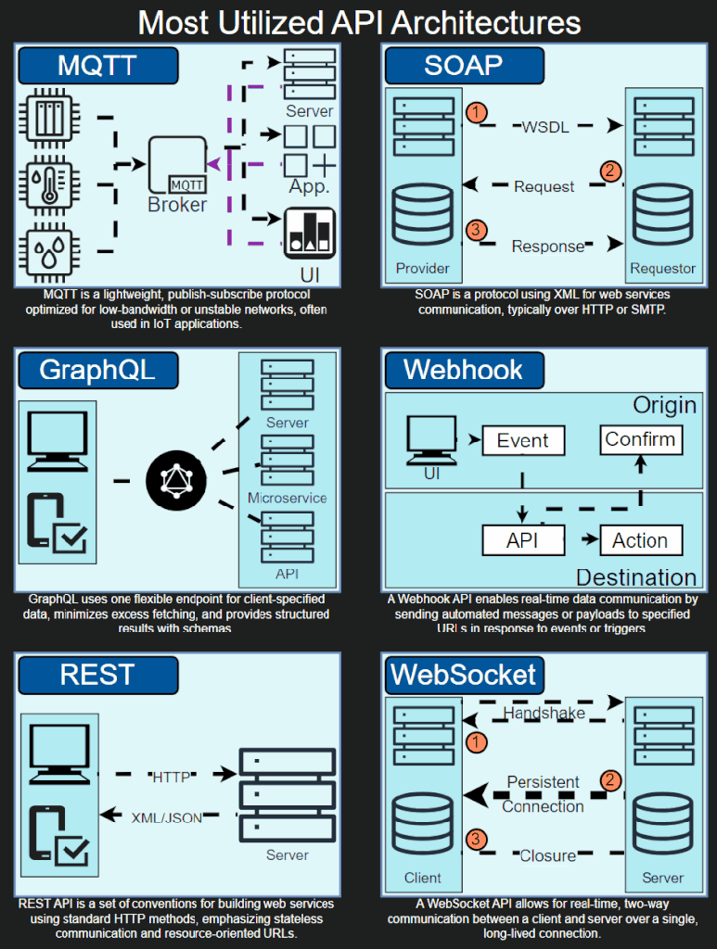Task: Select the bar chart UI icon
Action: (309, 233)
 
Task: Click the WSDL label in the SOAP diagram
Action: (545, 127)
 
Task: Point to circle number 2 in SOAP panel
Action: (610, 171)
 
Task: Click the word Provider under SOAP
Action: (423, 269)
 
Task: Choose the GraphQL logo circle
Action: (176, 480)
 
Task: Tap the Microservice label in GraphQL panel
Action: (287, 498)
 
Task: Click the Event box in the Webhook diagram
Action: (522, 441)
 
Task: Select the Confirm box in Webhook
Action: (640, 439)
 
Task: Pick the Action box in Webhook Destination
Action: (640, 540)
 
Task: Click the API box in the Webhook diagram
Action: (522, 540)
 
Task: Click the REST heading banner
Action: (97, 674)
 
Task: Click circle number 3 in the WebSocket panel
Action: (475, 840)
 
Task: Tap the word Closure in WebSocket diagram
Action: (547, 855)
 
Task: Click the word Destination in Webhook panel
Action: (636, 577)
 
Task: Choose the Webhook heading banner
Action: (464, 370)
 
